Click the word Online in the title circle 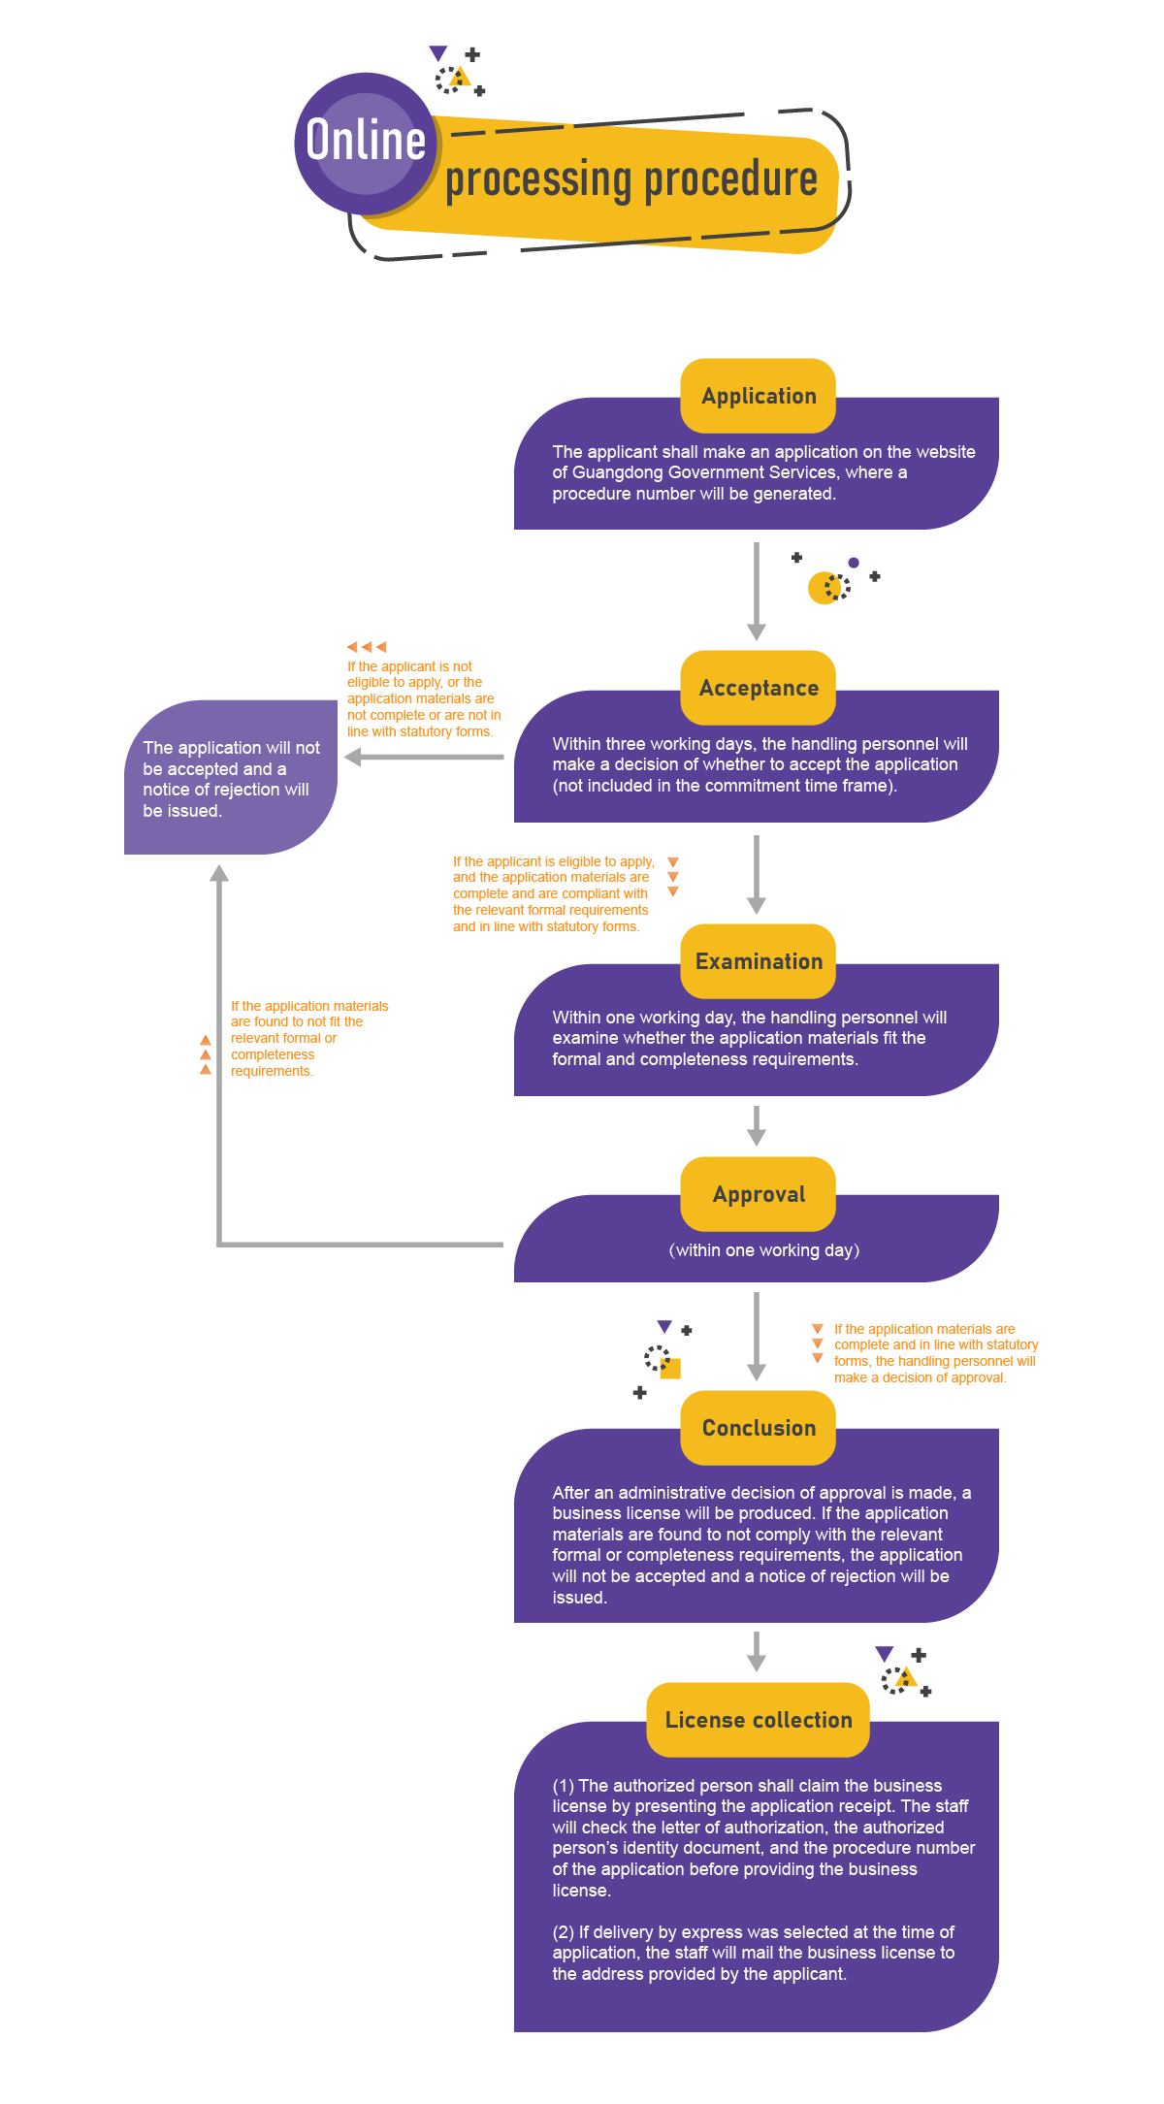tap(366, 141)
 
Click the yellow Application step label tap(759, 396)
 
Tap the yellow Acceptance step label tap(759, 688)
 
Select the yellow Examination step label tap(759, 961)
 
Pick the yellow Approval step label tap(759, 1194)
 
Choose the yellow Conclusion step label tap(759, 1428)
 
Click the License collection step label tap(759, 1720)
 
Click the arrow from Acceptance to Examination tap(757, 873)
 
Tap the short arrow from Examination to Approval tap(757, 1125)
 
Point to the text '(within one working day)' tap(764, 1250)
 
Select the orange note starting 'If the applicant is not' tap(423, 698)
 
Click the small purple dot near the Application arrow tap(854, 563)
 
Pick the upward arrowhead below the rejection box tap(220, 873)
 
